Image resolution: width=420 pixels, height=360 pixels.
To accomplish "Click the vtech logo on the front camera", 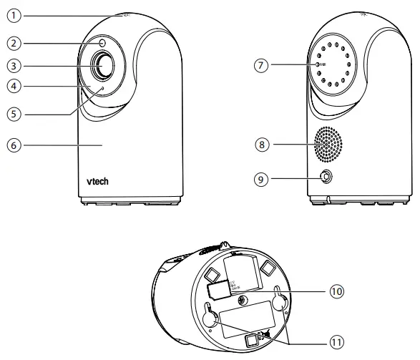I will [x=94, y=182].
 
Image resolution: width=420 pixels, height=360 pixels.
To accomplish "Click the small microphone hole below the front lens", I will [x=102, y=89].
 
